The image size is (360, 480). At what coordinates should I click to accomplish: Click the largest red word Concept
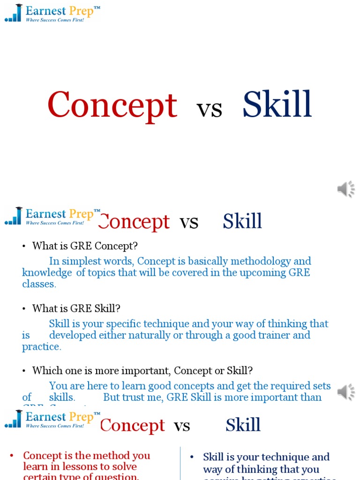112,105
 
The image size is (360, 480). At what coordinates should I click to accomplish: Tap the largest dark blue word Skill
277,105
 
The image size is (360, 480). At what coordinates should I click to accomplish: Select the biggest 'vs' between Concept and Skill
209,109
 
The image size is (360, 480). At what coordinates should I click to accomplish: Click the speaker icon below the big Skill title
346,189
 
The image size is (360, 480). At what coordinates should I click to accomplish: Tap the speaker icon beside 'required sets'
346,392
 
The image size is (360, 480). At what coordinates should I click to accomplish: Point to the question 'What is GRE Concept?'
85,246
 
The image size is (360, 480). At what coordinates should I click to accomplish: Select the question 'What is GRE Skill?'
76,308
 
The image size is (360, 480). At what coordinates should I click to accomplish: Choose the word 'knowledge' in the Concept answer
47,273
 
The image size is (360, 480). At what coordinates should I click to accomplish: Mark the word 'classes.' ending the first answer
39,284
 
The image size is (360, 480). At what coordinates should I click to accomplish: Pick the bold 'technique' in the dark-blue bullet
276,457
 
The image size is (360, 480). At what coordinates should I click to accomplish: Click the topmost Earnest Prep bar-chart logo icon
14,13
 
